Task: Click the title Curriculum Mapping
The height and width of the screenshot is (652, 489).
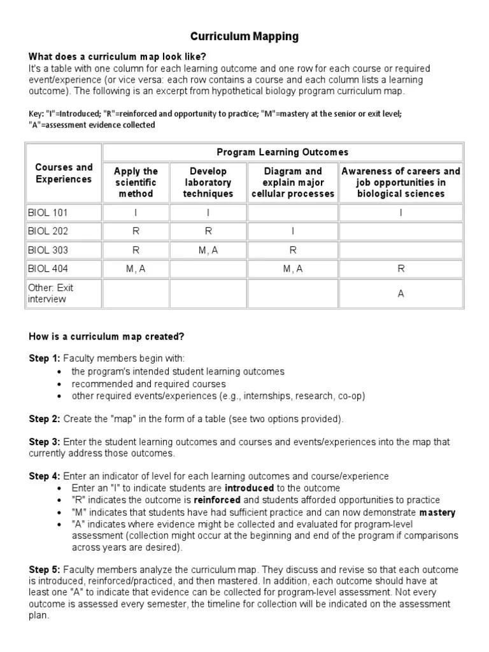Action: click(244, 37)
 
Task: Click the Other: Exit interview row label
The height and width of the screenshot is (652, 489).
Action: click(51, 293)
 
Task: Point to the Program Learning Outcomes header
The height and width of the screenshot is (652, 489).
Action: click(283, 152)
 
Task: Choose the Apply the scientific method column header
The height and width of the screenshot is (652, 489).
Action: click(136, 182)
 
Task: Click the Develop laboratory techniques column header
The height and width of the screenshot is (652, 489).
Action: click(208, 182)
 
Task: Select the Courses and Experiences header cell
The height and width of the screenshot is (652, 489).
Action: click(64, 173)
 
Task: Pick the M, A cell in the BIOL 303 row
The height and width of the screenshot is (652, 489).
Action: click(208, 251)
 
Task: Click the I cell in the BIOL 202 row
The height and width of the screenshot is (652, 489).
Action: click(293, 232)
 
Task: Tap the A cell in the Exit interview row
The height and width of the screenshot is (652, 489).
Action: click(401, 294)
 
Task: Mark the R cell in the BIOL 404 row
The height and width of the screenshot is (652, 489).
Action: click(401, 269)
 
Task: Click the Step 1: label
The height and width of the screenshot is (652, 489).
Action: click(45, 358)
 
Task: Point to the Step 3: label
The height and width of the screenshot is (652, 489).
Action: click(45, 441)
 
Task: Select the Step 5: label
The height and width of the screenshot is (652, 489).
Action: click(45, 569)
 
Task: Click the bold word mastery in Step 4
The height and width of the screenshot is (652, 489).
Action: click(437, 513)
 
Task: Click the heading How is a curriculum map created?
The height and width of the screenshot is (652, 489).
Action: click(107, 336)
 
